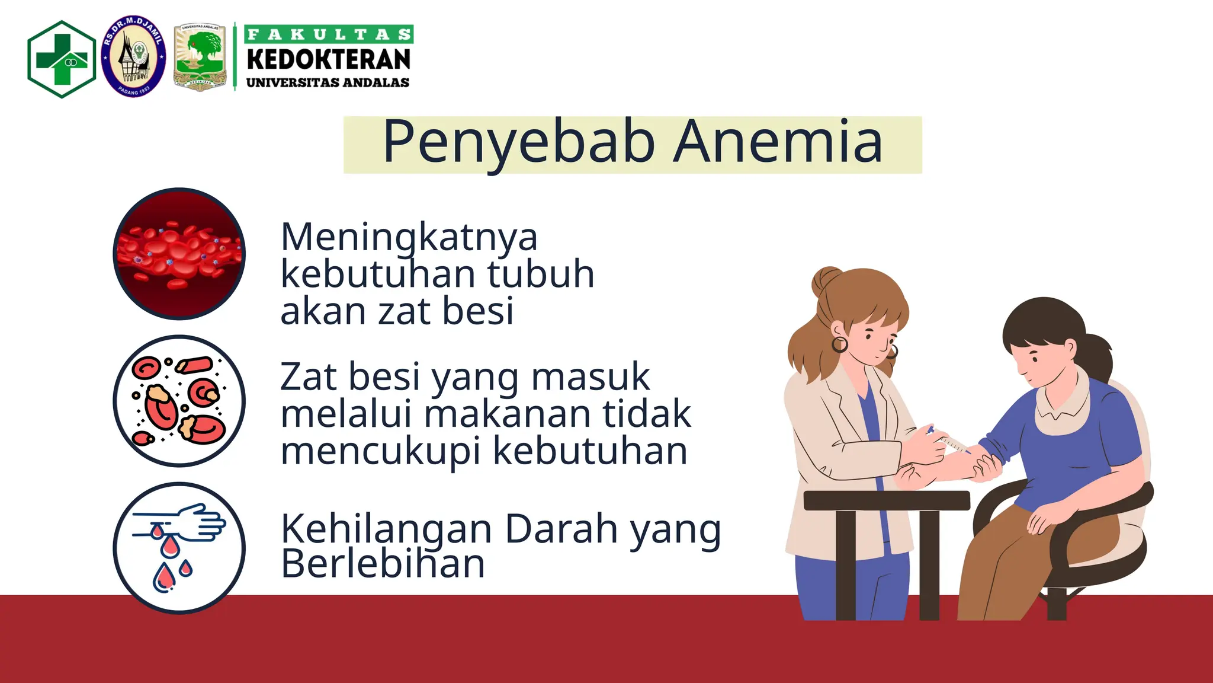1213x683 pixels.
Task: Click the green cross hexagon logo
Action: [62, 59]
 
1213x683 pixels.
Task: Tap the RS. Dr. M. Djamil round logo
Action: [133, 57]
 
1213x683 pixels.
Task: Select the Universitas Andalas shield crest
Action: [200, 58]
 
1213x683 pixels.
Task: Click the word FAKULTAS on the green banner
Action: [329, 34]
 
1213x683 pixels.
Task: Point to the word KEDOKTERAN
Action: [329, 60]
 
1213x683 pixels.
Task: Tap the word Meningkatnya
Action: [409, 238]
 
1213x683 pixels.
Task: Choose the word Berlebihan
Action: [383, 564]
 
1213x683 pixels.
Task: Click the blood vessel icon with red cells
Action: [179, 254]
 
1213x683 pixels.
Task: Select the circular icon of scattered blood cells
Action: [179, 401]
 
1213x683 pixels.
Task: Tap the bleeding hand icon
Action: [179, 547]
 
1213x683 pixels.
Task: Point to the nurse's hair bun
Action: [826, 279]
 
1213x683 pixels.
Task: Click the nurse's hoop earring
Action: [840, 344]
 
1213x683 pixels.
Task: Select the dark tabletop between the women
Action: [886, 500]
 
